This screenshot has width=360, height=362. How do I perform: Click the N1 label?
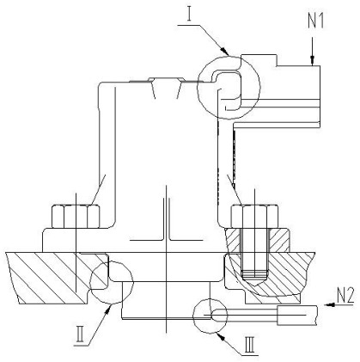(316, 21)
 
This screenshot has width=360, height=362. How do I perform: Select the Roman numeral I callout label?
(189, 15)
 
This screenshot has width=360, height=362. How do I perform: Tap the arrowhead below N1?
(313, 60)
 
